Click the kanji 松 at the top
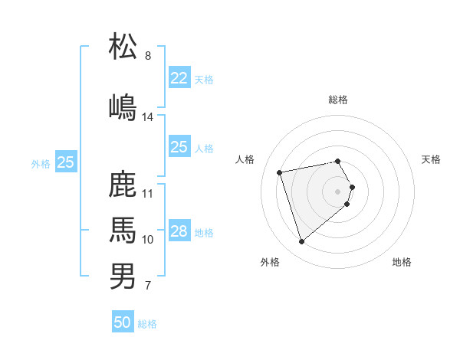[123, 47]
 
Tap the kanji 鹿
[123, 184]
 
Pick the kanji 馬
[123, 229]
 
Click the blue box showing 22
[179, 78]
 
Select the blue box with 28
[179, 231]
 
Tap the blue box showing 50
[123, 322]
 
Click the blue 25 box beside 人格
[179, 147]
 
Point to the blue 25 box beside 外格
[66, 162]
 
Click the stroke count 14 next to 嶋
[148, 117]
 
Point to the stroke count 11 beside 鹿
[148, 193]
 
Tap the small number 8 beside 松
[148, 56]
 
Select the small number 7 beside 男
[148, 286]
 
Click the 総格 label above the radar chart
[338, 100]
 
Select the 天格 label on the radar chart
[431, 159]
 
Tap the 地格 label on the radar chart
[402, 262]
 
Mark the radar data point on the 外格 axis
[302, 241]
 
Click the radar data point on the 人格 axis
[280, 172]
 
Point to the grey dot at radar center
[338, 191]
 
